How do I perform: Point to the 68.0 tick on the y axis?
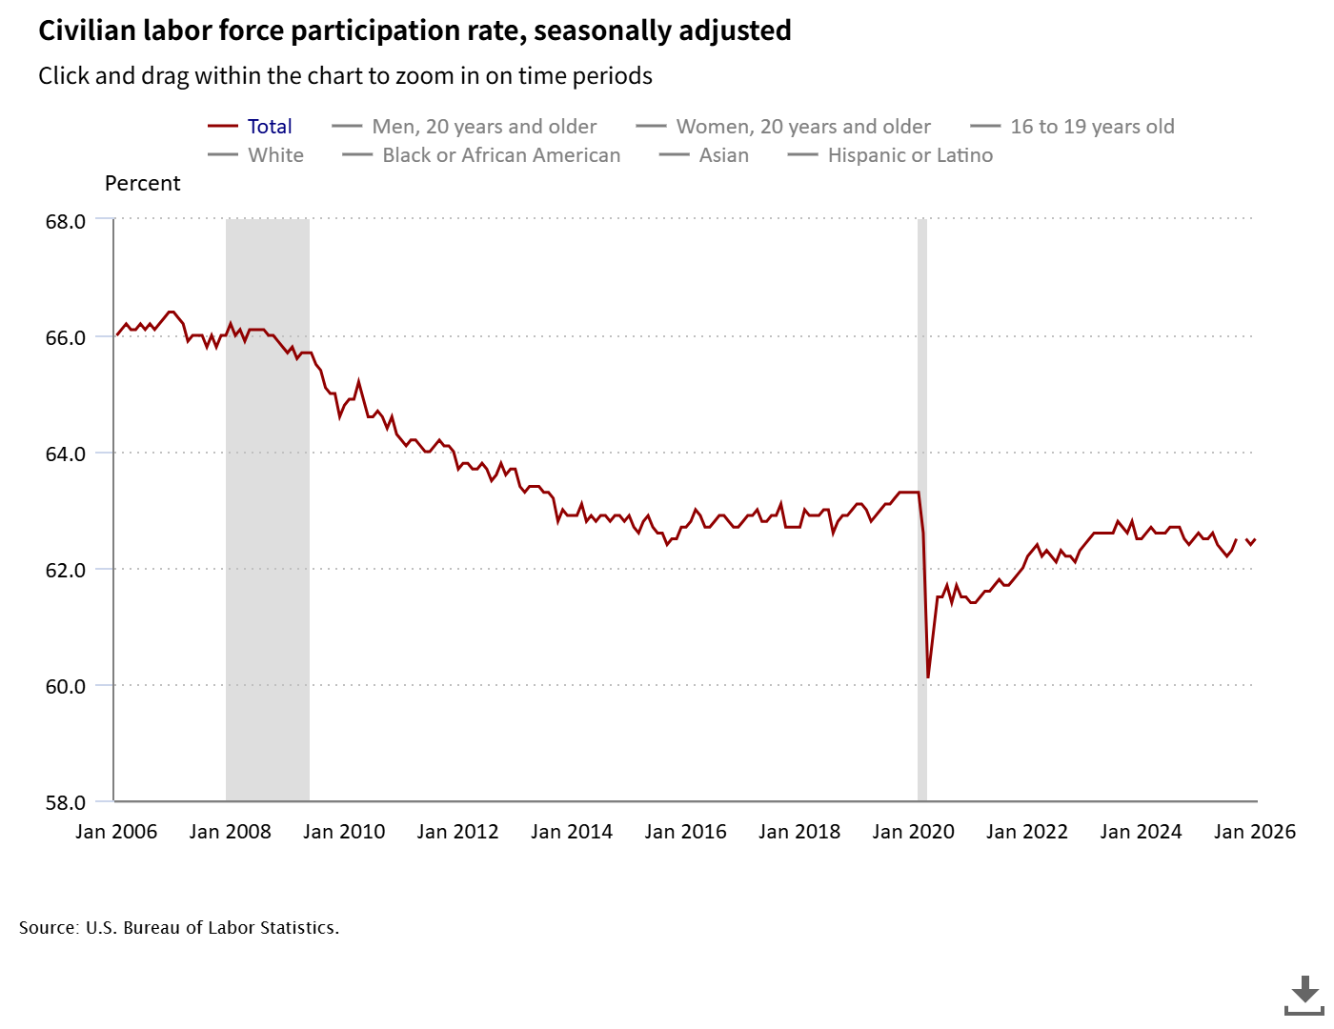tap(66, 221)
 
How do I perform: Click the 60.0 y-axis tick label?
tap(66, 686)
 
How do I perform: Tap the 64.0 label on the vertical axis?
tap(66, 454)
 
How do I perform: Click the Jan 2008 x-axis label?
tap(231, 832)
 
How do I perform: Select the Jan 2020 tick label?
tap(913, 832)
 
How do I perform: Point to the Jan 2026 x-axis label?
tap(1254, 832)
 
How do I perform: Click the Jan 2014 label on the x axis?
tap(572, 832)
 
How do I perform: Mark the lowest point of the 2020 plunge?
tap(928, 677)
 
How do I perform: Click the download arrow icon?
tap(1304, 995)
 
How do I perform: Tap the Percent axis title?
tap(143, 184)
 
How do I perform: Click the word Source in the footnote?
tap(48, 928)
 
